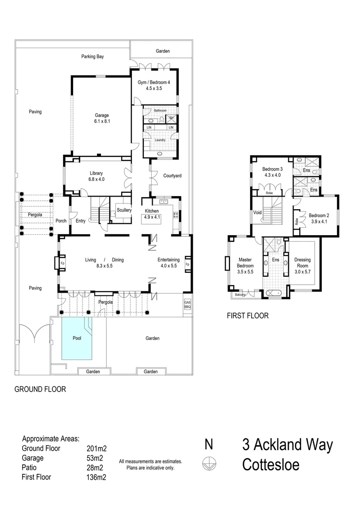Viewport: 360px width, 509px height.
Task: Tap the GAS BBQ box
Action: click(187, 305)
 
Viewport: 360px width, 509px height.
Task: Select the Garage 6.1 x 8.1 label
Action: click(102, 118)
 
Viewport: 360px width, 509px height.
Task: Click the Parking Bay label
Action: click(92, 57)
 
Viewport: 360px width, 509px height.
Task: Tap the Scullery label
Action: click(124, 210)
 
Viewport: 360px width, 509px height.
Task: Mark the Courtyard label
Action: click(172, 176)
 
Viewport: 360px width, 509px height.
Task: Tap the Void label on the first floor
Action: click(257, 213)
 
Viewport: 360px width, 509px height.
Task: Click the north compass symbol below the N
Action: click(208, 465)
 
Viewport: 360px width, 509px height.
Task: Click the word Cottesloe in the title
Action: click(270, 465)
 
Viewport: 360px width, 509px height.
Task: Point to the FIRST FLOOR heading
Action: click(247, 316)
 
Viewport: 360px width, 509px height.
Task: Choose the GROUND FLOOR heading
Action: click(40, 389)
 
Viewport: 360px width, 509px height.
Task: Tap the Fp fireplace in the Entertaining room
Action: click(187, 264)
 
